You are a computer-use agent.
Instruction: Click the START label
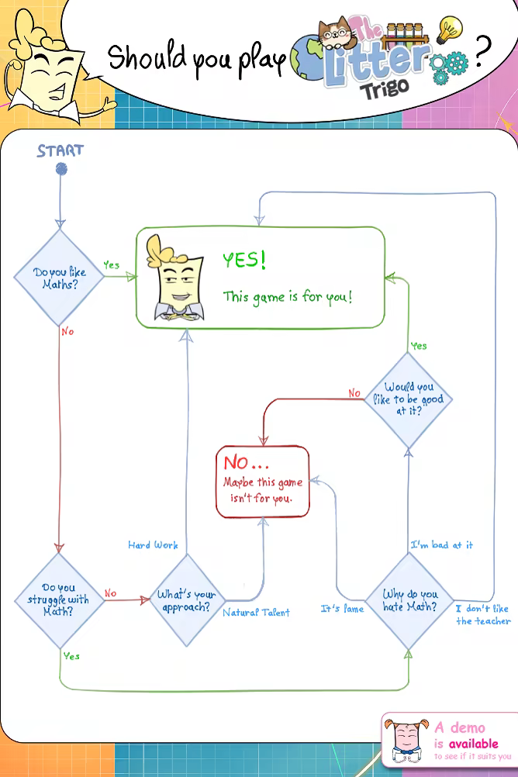60,150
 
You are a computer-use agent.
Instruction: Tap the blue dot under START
60,169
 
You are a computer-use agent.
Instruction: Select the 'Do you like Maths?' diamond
60,278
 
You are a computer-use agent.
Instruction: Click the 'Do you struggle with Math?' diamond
60,599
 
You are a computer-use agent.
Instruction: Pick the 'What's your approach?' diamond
186,600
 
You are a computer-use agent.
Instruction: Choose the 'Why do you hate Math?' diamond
409,600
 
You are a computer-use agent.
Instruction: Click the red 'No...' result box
263,482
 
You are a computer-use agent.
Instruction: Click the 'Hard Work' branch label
153,545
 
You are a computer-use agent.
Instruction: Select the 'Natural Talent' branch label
256,613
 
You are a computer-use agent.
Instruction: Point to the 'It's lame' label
342,610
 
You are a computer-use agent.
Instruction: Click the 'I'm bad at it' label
441,545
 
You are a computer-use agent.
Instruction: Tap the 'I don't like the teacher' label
483,615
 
